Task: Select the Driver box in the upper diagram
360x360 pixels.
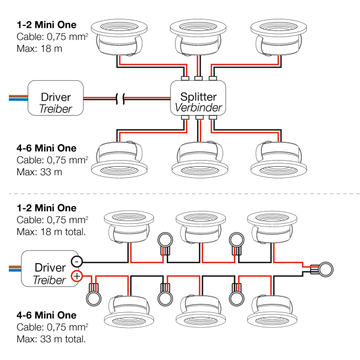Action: coord(56,98)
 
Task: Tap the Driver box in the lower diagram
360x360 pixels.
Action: coord(49,268)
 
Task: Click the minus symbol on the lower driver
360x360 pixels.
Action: coord(78,261)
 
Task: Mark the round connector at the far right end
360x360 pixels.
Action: coord(326,269)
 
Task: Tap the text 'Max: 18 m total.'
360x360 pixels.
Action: coord(51,231)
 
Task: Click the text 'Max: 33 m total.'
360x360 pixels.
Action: coord(51,338)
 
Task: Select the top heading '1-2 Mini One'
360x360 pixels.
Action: coord(47,25)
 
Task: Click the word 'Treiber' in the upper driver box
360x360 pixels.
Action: coord(56,109)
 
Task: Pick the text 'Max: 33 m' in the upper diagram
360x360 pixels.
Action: coord(39,172)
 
